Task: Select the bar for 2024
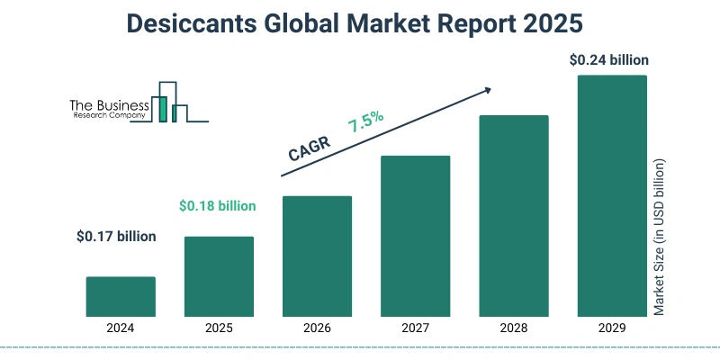pyautogui.click(x=121, y=297)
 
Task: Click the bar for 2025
pyautogui.click(x=219, y=276)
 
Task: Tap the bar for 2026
pyautogui.click(x=317, y=256)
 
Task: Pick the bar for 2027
pyautogui.click(x=415, y=236)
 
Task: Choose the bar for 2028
pyautogui.click(x=513, y=216)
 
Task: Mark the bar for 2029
pyautogui.click(x=611, y=195)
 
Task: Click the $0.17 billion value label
pyautogui.click(x=116, y=237)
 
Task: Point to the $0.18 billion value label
pyautogui.click(x=217, y=206)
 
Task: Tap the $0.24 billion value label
pyautogui.click(x=609, y=60)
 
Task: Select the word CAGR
pyautogui.click(x=310, y=148)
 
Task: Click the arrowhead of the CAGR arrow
pyautogui.click(x=487, y=89)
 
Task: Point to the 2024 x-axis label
pyautogui.click(x=121, y=329)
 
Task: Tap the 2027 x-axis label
pyautogui.click(x=415, y=329)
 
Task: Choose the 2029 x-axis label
pyautogui.click(x=611, y=329)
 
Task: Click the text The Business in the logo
pyautogui.click(x=109, y=105)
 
